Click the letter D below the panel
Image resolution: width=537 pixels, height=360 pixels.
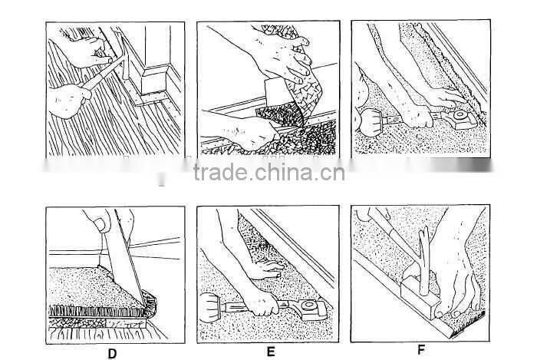[112, 354]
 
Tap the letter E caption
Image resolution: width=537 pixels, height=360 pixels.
[271, 352]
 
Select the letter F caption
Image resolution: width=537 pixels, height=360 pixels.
[422, 350]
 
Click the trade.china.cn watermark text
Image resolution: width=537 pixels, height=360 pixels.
[268, 172]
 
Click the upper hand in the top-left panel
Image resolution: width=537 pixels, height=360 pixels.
[88, 51]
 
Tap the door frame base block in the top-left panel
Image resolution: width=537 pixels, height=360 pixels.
[153, 81]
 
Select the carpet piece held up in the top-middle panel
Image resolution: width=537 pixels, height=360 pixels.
[301, 79]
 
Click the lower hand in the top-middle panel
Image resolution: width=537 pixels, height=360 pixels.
[246, 132]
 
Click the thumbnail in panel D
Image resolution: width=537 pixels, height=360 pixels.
[100, 224]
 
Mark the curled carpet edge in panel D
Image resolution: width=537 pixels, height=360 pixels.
[149, 303]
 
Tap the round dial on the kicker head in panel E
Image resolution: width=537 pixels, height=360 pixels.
[308, 305]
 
